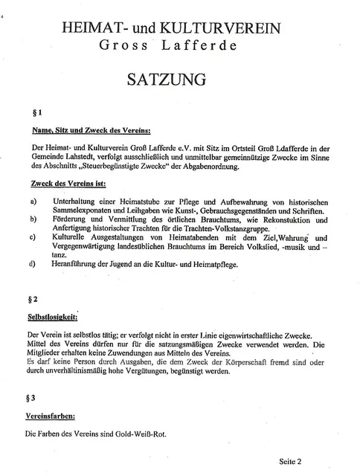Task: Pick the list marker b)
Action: coord(33,220)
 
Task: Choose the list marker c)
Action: coord(33,238)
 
